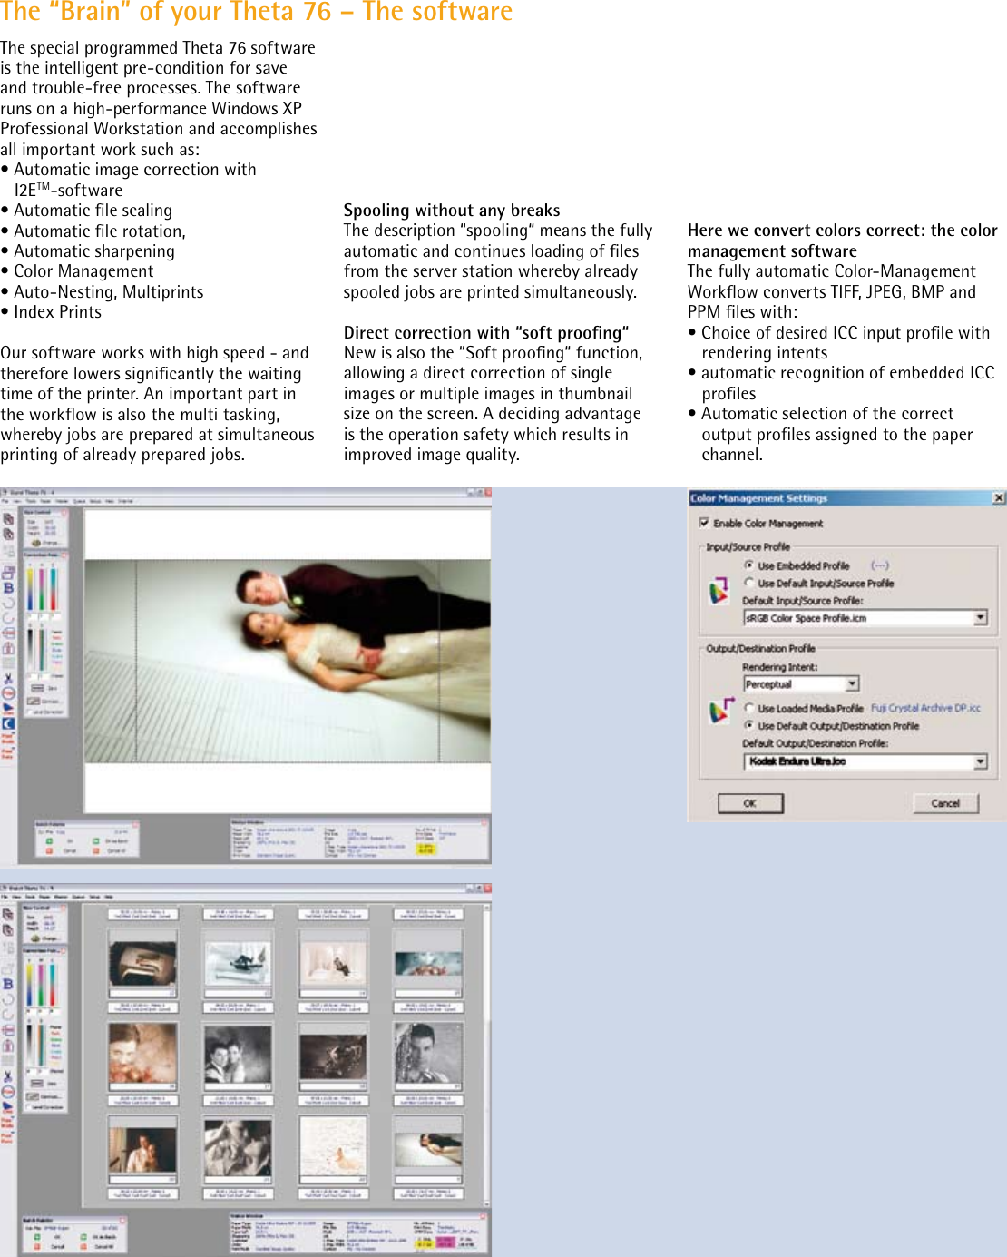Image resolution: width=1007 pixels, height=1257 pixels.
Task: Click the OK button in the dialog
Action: point(750,803)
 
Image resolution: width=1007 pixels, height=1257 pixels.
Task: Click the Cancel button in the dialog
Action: point(945,803)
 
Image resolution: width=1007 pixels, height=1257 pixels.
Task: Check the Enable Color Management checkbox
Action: point(704,523)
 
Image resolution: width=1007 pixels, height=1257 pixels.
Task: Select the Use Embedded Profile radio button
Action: point(749,565)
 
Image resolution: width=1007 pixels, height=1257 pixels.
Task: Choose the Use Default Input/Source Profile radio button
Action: point(749,584)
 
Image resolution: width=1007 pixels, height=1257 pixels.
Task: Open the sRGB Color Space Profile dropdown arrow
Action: point(980,618)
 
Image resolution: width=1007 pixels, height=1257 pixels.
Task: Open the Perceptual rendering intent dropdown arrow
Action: point(852,683)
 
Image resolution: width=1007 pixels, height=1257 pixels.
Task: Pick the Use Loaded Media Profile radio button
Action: point(749,708)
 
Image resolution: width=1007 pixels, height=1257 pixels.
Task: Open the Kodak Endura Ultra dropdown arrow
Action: point(980,761)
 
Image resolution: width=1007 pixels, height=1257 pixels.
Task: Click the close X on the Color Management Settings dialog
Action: point(998,497)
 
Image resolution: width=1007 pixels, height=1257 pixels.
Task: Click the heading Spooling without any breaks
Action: point(452,211)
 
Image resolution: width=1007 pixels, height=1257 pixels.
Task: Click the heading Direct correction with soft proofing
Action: point(486,333)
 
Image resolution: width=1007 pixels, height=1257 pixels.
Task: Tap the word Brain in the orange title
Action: point(88,12)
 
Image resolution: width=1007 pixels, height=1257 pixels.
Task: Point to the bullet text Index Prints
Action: point(57,312)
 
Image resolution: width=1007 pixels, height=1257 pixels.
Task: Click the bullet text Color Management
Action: point(83,271)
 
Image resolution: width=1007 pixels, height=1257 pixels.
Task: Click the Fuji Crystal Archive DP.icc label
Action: point(925,708)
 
